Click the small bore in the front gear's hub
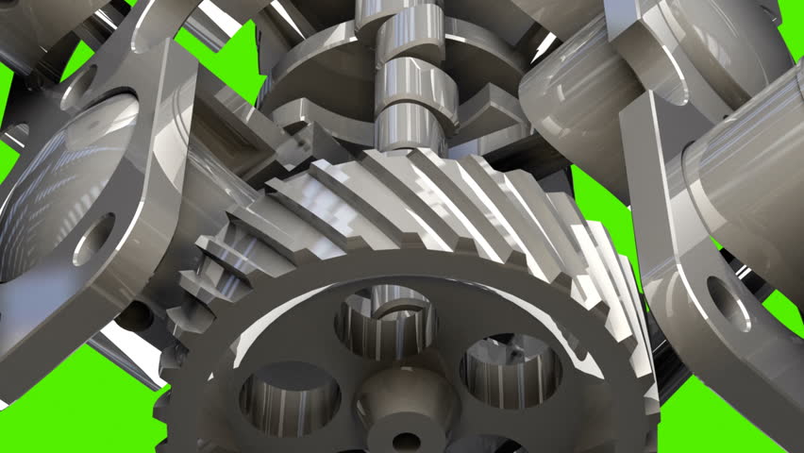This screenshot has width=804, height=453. tap(407, 441)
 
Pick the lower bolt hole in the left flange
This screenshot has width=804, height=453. tap(94, 238)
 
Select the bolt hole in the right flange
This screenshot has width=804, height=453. tap(728, 303)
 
